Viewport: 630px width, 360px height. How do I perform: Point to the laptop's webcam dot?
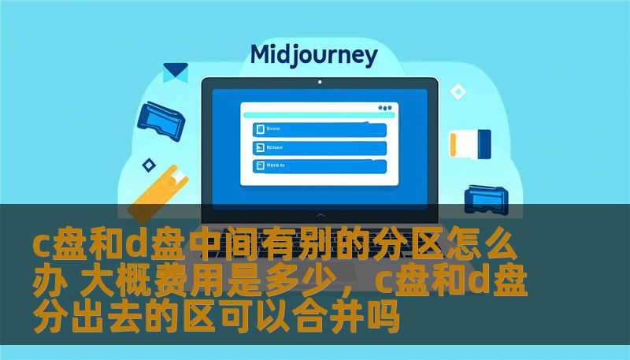(x=319, y=81)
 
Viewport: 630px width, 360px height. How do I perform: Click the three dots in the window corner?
(x=384, y=107)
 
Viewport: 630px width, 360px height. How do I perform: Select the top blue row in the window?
(x=319, y=129)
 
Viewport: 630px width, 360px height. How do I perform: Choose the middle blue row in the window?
(x=319, y=147)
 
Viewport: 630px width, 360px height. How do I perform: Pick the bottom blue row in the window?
(x=319, y=166)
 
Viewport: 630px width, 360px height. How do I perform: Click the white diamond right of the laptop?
(x=458, y=92)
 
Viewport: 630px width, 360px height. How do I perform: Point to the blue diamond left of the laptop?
(x=148, y=165)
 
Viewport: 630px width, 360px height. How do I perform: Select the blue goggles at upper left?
(x=161, y=117)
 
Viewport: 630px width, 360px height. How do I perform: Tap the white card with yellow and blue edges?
(x=470, y=143)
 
